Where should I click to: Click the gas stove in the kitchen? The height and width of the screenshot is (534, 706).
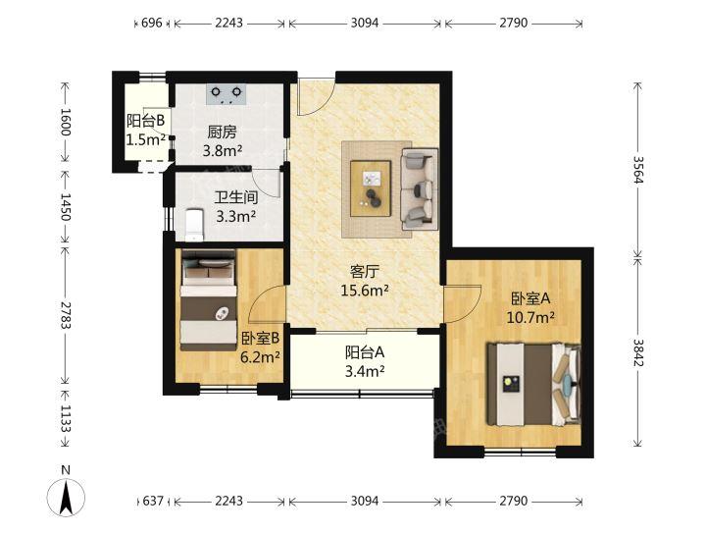tap(227, 94)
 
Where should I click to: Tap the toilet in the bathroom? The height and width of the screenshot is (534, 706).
tap(194, 224)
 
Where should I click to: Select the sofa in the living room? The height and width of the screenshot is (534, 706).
tap(420, 188)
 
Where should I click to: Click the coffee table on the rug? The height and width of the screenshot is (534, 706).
tap(371, 188)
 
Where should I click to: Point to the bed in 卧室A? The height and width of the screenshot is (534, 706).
tap(533, 384)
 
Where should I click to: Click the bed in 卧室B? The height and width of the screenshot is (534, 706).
tap(209, 299)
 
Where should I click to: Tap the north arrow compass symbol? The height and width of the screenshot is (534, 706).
tap(67, 498)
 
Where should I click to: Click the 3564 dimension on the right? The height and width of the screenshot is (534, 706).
tap(637, 170)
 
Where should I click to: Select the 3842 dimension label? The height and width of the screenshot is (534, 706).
tap(637, 352)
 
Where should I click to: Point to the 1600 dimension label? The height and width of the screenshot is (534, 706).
tap(66, 121)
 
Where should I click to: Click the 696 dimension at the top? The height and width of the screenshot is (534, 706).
tap(152, 23)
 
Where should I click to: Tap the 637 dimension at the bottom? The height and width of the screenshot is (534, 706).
tap(153, 501)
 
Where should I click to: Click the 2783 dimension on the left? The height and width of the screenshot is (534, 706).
tap(66, 314)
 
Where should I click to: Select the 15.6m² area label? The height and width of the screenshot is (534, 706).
tap(365, 291)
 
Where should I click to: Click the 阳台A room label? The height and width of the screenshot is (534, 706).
tap(365, 352)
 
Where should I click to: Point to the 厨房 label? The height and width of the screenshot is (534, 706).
tap(222, 133)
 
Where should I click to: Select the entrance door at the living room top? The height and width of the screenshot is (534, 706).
tap(316, 97)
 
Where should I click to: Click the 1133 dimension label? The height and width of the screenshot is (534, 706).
tap(66, 418)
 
